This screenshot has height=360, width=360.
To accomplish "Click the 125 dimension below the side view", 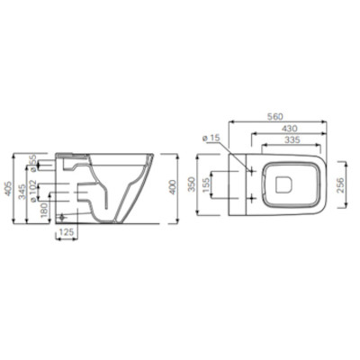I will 65,233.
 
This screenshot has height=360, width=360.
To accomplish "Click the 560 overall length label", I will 275,116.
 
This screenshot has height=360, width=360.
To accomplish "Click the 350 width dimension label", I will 190,184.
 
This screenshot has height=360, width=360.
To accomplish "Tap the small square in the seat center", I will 286,184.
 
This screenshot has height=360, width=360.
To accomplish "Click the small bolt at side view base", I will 61,218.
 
